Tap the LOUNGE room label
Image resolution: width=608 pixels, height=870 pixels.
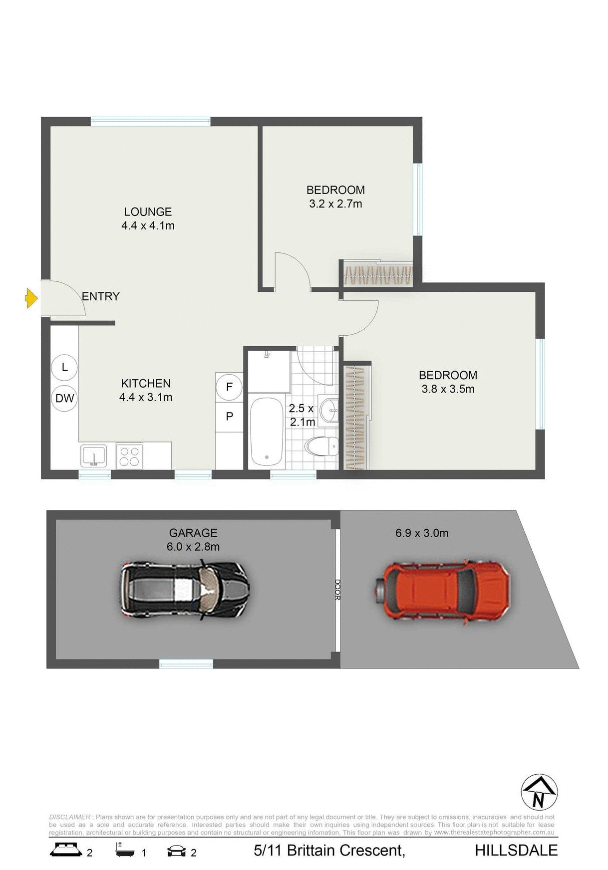pos(148,212)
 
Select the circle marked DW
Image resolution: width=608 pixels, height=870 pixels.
pos(64,398)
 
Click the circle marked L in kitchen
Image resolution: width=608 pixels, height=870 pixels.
pos(64,367)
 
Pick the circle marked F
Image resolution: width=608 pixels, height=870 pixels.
pos(229,387)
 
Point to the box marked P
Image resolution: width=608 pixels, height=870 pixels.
pos(229,416)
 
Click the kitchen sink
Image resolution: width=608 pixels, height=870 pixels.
pos(93,456)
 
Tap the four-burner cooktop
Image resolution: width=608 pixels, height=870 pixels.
pos(129,456)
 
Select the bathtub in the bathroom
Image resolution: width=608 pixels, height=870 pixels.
pos(267,432)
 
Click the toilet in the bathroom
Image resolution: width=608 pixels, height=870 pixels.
pos(322,446)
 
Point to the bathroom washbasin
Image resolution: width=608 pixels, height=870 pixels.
pos(329,411)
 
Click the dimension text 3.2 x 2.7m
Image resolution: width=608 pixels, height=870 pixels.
pos(335,204)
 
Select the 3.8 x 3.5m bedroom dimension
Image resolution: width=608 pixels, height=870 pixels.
pos(448,389)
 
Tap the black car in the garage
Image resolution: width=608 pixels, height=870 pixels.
pos(184,590)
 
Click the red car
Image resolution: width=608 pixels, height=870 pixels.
pos(442,592)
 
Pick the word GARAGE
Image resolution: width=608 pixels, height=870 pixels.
pos(193,533)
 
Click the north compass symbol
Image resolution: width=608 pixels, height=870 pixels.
pos(539,792)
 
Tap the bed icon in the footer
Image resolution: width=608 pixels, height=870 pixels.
pos(65,849)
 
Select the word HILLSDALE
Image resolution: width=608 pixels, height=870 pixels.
pos(516,850)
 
